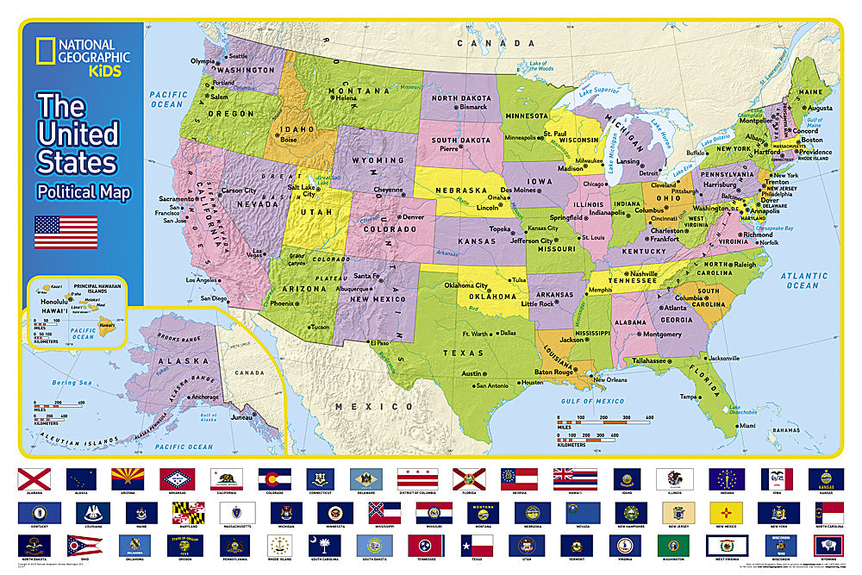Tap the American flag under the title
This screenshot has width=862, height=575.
66,232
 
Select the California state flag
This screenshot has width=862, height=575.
223,479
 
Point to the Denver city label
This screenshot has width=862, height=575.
413,216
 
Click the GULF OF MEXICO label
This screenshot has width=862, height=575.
594,401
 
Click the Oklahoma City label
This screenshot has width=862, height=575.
465,285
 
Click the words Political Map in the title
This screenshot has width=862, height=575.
83,192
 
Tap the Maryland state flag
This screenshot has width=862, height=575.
187,512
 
